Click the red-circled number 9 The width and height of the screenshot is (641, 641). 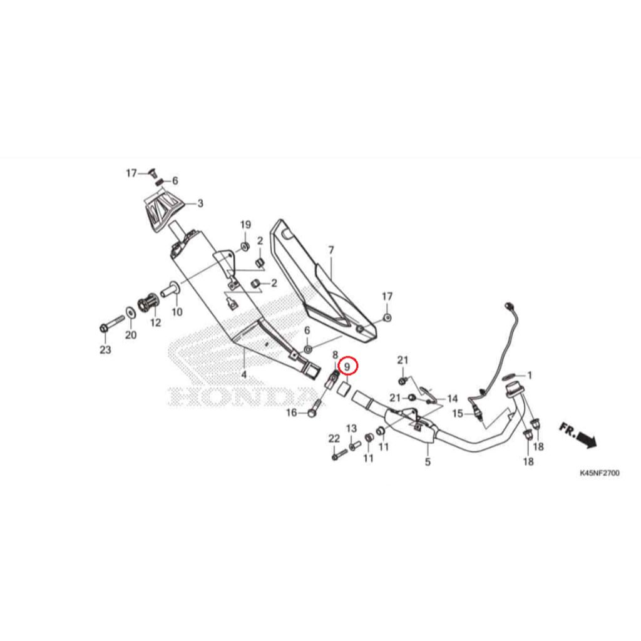pyautogui.click(x=347, y=367)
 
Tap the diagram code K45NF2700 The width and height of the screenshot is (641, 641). pyautogui.click(x=599, y=473)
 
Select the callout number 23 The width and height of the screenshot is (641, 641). pyautogui.click(x=105, y=349)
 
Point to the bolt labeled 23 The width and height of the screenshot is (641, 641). pyautogui.click(x=111, y=323)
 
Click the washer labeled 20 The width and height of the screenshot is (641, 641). pyautogui.click(x=130, y=313)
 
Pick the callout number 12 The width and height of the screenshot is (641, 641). pyautogui.click(x=155, y=322)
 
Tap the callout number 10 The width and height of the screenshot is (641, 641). pyautogui.click(x=177, y=312)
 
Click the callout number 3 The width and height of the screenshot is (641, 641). pyautogui.click(x=200, y=203)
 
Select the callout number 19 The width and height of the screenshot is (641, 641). pyautogui.click(x=245, y=225)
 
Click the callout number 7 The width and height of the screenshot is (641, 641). pyautogui.click(x=331, y=250)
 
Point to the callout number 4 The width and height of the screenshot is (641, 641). pyautogui.click(x=244, y=374)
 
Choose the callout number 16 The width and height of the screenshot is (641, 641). pyautogui.click(x=292, y=413)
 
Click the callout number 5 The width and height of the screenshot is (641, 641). pyautogui.click(x=428, y=462)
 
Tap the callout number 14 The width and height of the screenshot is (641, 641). pyautogui.click(x=453, y=399)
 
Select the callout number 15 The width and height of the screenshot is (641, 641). pyautogui.click(x=458, y=414)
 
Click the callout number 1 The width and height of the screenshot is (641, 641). pyautogui.click(x=530, y=375)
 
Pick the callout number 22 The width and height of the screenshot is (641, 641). pyautogui.click(x=334, y=439)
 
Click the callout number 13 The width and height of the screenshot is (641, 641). pyautogui.click(x=352, y=428)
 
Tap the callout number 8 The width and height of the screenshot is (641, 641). pyautogui.click(x=336, y=355)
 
